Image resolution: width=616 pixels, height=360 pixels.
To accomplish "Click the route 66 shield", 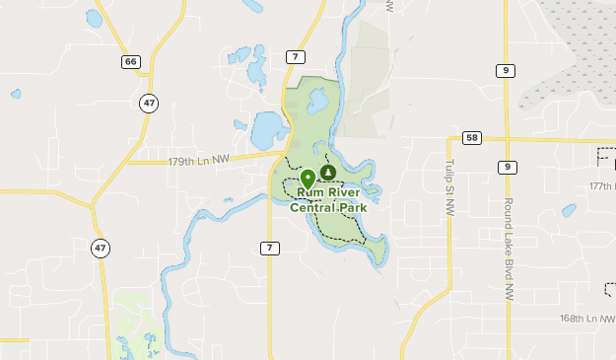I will pos(131,61).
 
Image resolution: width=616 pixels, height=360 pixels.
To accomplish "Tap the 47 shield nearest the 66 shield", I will pos(148,103).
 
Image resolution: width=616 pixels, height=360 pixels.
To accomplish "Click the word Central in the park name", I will pos(310,207).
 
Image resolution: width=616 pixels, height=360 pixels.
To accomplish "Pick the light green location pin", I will pos(308,178).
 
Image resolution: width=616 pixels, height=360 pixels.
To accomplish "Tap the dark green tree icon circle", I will pos(328,173).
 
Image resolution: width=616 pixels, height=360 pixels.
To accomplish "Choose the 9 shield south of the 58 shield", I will pos(506,166).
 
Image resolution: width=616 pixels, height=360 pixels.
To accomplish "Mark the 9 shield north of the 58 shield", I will pos(506,69).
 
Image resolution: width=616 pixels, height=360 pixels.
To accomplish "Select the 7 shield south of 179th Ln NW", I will pos(269,247).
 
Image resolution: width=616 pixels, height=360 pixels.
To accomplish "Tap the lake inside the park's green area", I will pos(317,101).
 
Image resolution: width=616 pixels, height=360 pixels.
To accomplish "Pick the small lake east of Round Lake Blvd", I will pos(569,210).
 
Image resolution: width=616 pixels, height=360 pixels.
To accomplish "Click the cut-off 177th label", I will pos(601,185).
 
